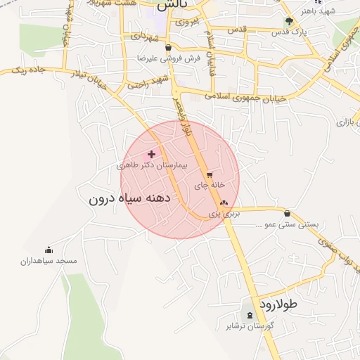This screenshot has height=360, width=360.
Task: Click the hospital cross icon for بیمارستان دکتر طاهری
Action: tap(151, 153)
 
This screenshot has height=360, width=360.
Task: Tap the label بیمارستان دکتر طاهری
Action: tap(153, 165)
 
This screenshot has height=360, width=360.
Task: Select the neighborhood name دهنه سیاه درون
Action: tap(131, 198)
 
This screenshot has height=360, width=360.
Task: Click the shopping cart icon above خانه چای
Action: tap(209, 174)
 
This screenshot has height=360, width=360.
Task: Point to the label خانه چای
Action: tap(210, 185)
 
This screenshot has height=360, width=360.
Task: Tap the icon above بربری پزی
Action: tap(224, 202)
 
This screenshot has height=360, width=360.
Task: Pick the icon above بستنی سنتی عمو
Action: tap(287, 214)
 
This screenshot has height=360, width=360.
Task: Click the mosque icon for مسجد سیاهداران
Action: tap(49, 250)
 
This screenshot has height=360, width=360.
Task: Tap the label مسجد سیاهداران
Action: tap(49, 261)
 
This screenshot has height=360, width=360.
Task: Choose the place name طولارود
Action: tap(279, 304)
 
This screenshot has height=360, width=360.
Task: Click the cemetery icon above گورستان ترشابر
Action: tap(249, 314)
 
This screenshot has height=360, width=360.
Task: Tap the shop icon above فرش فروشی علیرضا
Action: tap(168, 47)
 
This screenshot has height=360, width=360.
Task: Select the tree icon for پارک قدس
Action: tap(289, 21)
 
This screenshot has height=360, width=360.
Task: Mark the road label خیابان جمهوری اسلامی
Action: tap(246, 98)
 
